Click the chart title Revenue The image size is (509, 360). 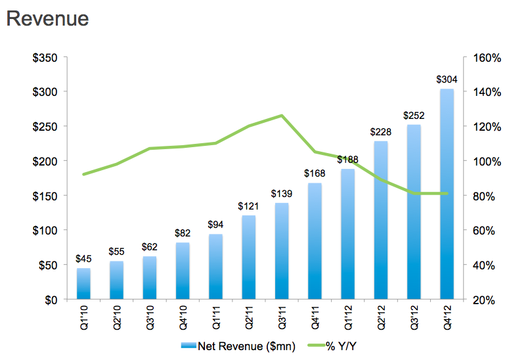47,18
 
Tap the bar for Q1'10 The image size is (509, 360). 83,284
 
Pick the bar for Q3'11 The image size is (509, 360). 282,251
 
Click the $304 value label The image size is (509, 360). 447,79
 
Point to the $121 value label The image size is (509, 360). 249,206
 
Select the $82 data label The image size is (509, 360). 183,233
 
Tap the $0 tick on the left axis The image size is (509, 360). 51,300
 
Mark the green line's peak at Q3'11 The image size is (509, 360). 282,116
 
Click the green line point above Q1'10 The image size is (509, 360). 83,174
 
